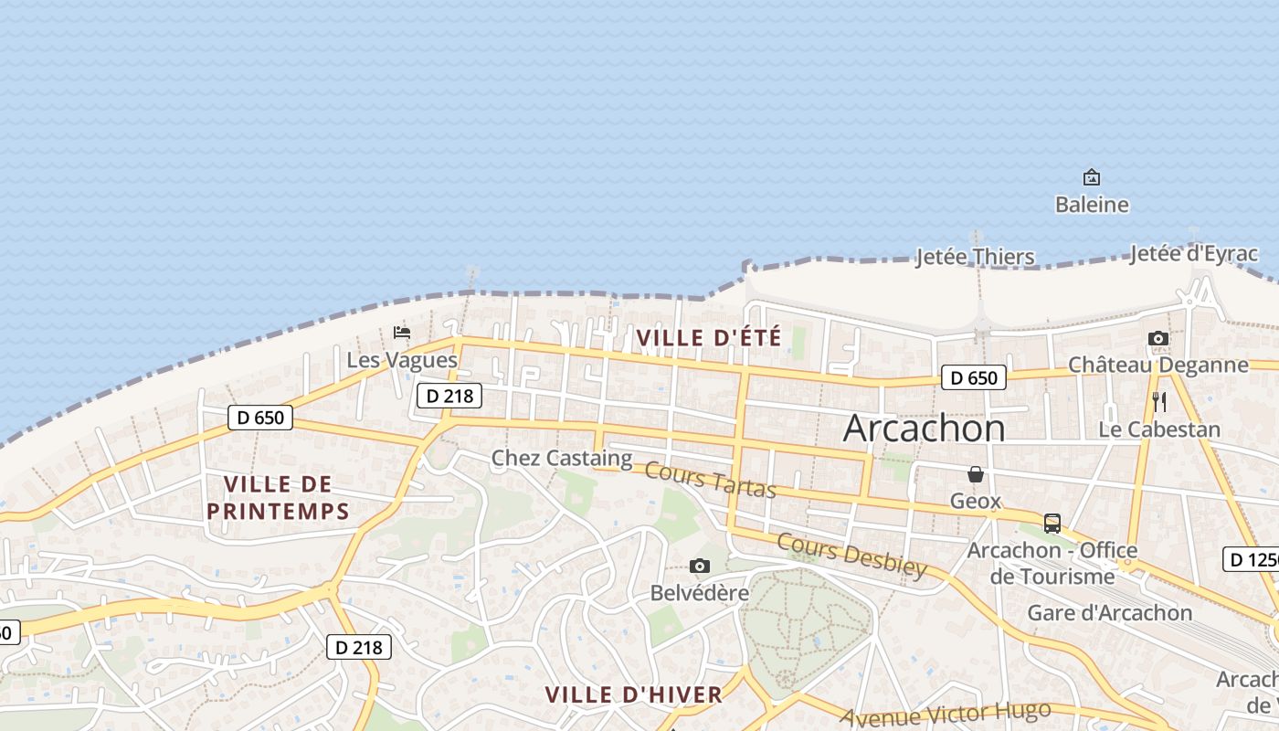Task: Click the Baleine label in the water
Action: (1092, 205)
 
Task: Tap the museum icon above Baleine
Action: (1091, 177)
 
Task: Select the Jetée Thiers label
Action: (975, 257)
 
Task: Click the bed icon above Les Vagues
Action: (402, 333)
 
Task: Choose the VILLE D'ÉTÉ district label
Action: (709, 338)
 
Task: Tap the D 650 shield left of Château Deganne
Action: (973, 377)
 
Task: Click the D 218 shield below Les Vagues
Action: (449, 396)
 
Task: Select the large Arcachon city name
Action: (924, 428)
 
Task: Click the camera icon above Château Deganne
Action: (1157, 339)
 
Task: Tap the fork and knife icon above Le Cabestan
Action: (1158, 401)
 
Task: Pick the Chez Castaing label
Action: (562, 458)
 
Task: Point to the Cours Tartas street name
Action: (710, 480)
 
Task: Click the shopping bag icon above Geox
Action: (976, 474)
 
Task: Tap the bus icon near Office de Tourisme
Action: (1052, 524)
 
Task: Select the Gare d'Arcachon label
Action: (1110, 612)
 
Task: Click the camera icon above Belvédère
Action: (700, 567)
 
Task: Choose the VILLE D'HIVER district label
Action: (634, 694)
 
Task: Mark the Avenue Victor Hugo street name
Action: (946, 715)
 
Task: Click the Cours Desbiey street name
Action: (851, 555)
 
